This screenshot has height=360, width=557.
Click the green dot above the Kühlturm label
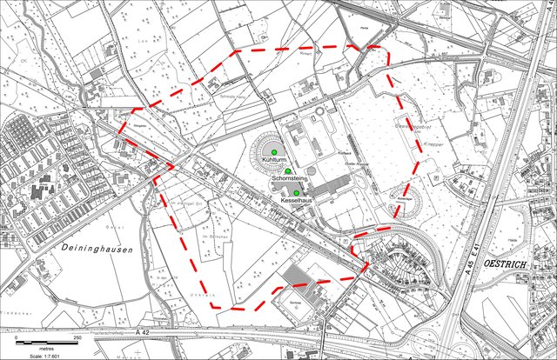click(273, 154)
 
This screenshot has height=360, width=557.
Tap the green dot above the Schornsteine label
click(287, 171)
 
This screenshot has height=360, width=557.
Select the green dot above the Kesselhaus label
click(296, 193)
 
